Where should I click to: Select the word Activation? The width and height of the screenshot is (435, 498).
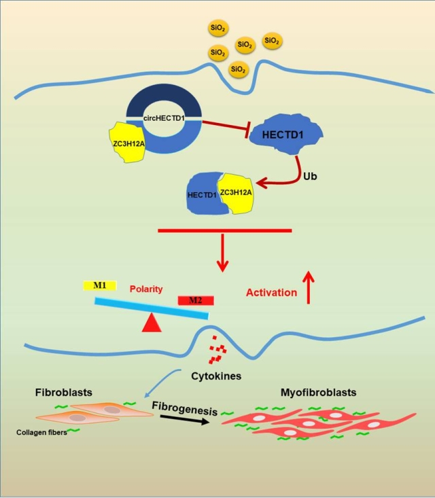pos(271,293)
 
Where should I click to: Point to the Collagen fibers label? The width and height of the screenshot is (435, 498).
pos(41,431)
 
